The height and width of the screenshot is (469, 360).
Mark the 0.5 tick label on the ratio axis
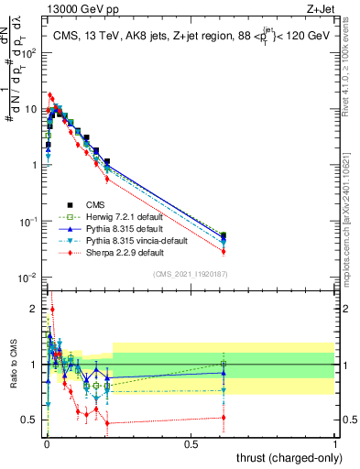pyautogui.click(x=30, y=420)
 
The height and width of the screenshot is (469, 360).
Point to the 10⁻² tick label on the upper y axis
pyautogui.click(x=28, y=278)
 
